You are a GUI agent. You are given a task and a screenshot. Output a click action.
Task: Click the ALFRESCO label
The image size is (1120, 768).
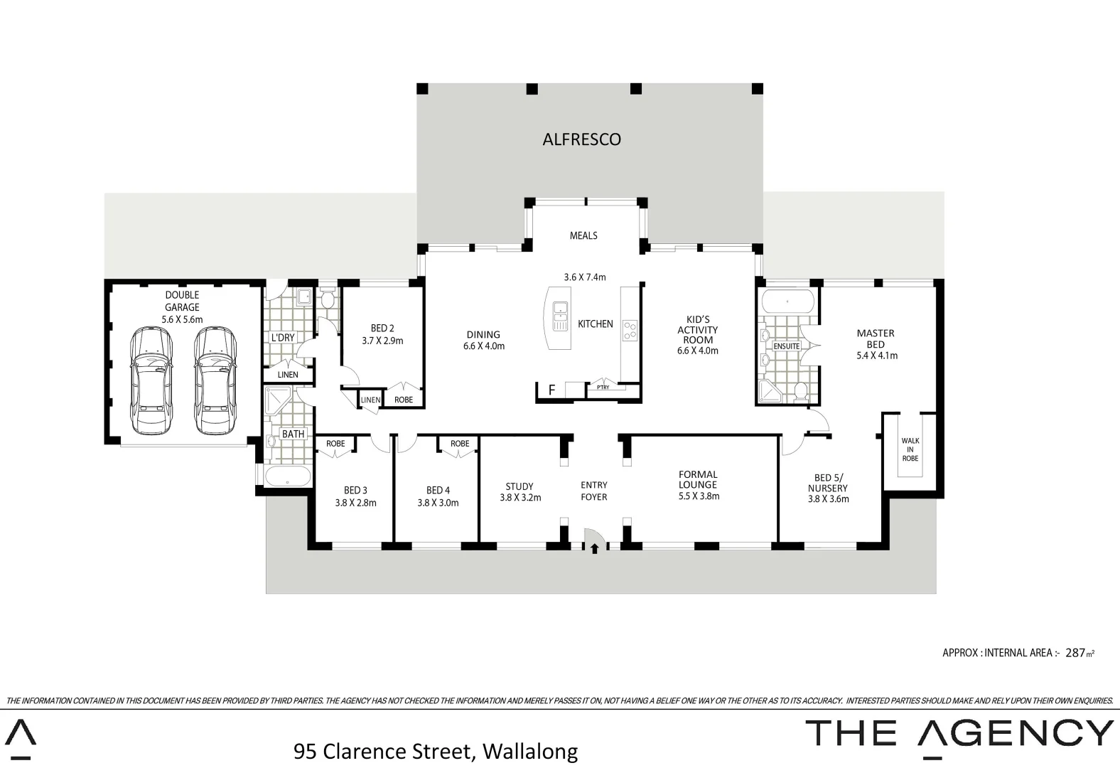[x=581, y=139]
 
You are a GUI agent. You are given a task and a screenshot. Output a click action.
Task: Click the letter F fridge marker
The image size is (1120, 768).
[x=551, y=390]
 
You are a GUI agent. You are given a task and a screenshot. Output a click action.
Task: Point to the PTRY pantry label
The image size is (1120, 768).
[x=603, y=388]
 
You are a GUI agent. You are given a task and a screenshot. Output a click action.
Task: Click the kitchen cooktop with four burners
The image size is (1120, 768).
[x=630, y=331]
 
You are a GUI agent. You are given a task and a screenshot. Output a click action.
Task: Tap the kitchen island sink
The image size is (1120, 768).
[x=560, y=317]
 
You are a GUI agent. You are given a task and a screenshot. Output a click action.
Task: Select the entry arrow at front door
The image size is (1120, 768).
[x=594, y=548]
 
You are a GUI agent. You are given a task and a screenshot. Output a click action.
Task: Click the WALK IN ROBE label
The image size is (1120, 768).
[x=910, y=449]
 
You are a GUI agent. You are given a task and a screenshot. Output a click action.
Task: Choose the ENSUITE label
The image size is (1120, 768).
[x=786, y=346]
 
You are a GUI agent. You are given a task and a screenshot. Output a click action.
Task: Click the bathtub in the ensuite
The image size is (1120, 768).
[x=787, y=302]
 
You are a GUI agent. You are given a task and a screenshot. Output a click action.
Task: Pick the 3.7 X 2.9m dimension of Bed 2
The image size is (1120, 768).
[x=382, y=341]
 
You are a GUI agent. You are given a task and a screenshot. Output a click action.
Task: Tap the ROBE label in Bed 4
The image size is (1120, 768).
[x=460, y=444]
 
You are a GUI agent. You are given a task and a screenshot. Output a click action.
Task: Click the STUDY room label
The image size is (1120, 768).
[x=519, y=486]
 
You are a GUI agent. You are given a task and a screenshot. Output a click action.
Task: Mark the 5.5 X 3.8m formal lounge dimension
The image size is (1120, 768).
[x=699, y=496]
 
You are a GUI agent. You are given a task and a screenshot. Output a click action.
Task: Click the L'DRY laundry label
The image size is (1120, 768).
[x=282, y=338]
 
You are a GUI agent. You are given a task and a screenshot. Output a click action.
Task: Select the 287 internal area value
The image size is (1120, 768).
[x=1075, y=653]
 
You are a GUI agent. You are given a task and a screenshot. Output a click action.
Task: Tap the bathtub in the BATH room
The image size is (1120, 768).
[x=287, y=476]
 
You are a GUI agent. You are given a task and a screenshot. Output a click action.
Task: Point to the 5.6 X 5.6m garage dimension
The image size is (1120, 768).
[x=182, y=320]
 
